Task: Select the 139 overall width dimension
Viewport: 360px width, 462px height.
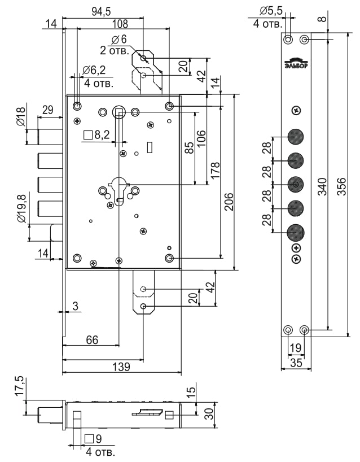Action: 121,367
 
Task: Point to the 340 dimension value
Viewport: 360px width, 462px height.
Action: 322,186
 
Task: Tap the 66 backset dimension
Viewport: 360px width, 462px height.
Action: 91,339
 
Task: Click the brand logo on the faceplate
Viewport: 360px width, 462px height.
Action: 296,63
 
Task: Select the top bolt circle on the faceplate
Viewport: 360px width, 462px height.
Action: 296,137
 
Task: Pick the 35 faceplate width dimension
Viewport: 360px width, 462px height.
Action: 296,363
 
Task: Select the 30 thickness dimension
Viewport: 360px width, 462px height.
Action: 209,414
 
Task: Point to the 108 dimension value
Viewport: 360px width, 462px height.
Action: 120,24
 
